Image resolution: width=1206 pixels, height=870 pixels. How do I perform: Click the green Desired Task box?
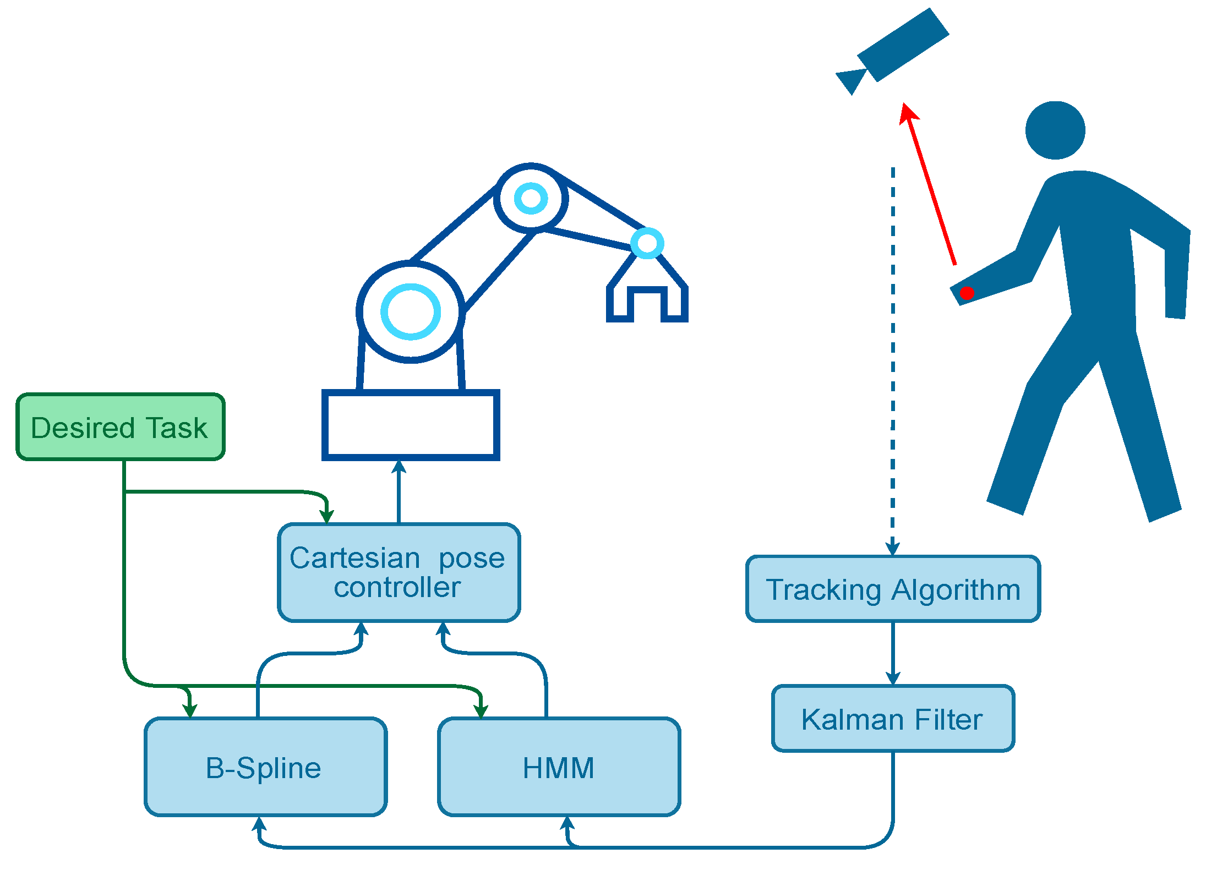(x=120, y=427)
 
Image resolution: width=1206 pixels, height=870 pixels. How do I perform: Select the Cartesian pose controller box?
(x=399, y=572)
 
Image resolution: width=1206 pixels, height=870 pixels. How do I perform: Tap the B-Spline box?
(x=265, y=767)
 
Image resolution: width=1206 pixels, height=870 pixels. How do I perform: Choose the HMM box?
(x=559, y=767)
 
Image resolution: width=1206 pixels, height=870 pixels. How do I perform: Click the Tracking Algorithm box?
(x=892, y=589)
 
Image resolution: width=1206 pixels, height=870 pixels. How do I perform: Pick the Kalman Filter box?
(x=892, y=718)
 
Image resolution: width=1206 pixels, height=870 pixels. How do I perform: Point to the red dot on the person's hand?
(x=967, y=293)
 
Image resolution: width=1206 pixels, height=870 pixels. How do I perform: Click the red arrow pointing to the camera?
(x=930, y=184)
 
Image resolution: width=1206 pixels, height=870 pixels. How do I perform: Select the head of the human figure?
(x=1055, y=130)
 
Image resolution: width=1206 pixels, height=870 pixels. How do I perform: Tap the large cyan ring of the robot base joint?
(x=411, y=311)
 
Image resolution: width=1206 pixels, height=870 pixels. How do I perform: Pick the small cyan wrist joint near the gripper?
(x=647, y=243)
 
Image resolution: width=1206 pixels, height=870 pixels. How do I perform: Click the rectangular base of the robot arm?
(x=411, y=425)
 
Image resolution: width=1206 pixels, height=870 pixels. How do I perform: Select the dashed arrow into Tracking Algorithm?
(x=893, y=358)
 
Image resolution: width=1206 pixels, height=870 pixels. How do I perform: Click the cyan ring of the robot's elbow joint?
(x=531, y=198)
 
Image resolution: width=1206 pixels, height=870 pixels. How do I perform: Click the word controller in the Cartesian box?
(x=397, y=588)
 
